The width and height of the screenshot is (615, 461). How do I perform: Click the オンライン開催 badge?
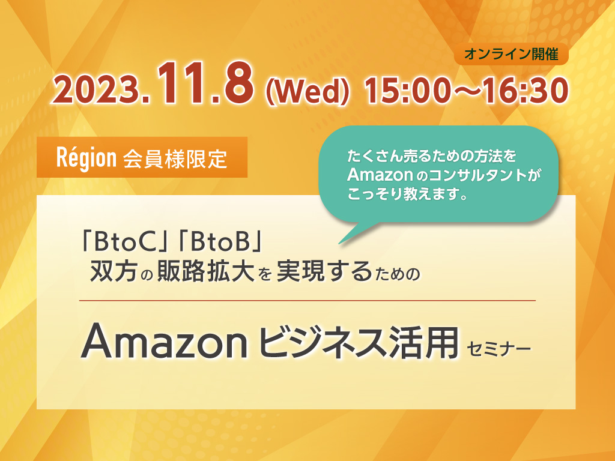(511, 54)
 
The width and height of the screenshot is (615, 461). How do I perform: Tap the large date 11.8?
(205, 85)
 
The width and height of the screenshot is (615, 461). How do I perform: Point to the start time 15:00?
(406, 91)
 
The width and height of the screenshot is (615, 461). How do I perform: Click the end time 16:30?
(526, 91)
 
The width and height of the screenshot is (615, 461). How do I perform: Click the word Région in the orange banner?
(86, 158)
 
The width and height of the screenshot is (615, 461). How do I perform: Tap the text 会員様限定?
(175, 158)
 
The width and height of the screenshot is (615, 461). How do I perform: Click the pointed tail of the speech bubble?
(340, 243)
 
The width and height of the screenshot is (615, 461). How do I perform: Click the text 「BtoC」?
(123, 242)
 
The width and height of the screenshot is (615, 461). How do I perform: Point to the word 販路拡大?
(205, 271)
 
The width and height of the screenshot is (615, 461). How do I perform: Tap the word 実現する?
(324, 271)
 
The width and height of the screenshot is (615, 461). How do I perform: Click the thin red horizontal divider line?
(307, 301)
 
